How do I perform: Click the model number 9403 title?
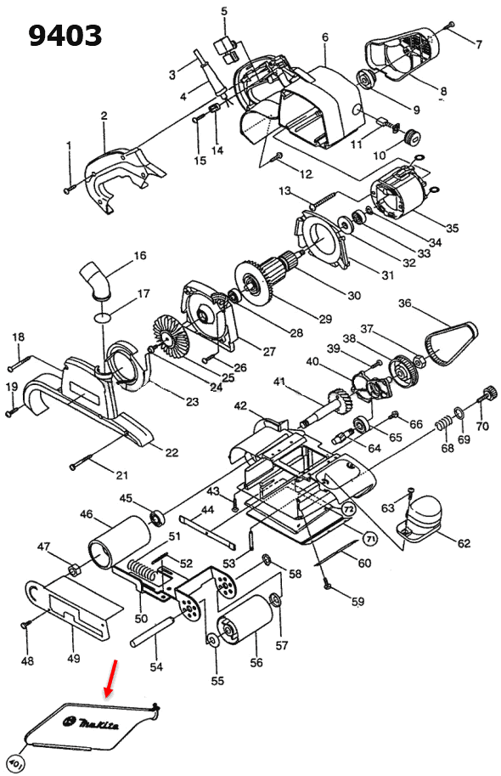[x=65, y=37]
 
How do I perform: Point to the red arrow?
[x=110, y=678]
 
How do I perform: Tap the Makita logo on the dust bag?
[x=91, y=723]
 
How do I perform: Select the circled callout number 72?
[x=349, y=509]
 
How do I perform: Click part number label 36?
[x=404, y=303]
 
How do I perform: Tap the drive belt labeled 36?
[x=452, y=343]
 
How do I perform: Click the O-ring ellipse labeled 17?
[x=102, y=317]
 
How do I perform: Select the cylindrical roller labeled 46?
[x=120, y=541]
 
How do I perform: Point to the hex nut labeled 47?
[x=74, y=569]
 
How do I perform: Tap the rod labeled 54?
[x=152, y=631]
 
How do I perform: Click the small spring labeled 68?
[x=444, y=424]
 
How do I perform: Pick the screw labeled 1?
[x=70, y=189]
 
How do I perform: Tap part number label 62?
[x=464, y=543]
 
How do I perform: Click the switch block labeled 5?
[x=225, y=49]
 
